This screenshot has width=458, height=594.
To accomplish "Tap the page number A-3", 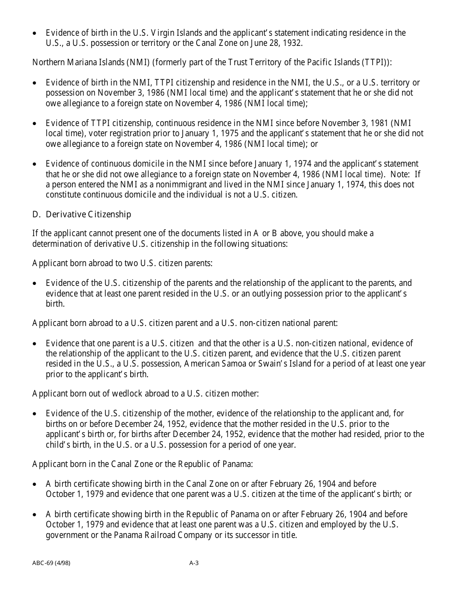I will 194,563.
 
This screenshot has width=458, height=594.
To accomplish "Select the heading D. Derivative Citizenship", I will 81,214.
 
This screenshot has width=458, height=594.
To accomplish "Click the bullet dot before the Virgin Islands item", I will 34,33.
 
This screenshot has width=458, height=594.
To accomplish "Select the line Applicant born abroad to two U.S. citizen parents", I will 122,263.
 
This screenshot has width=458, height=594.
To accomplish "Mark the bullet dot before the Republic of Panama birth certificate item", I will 34,515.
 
